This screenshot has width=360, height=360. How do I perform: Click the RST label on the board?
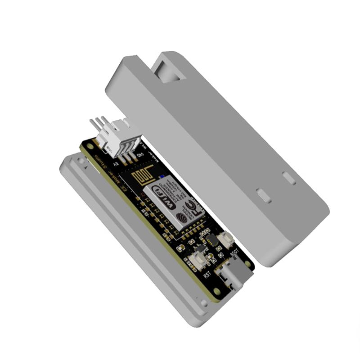point(207,273)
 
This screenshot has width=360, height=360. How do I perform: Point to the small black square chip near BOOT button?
point(211,240)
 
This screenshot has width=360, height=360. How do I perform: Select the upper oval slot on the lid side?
point(289,178)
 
